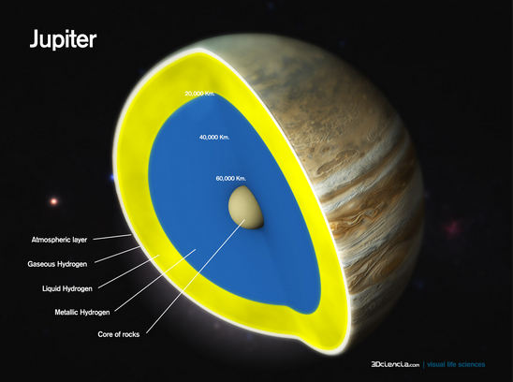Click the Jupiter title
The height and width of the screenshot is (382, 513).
tap(63, 39)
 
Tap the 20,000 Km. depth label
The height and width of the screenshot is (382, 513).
tap(200, 94)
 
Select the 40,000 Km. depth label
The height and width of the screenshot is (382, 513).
tap(214, 137)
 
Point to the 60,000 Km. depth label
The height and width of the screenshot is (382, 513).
tap(230, 179)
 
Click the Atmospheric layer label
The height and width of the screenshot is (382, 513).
tap(59, 240)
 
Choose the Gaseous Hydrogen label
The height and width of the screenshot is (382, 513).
tap(57, 264)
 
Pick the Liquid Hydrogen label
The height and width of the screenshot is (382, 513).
tap(67, 288)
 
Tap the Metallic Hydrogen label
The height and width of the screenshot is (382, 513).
tap(82, 313)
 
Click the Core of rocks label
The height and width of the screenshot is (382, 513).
tap(119, 334)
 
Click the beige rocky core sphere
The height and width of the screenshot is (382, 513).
tap(245, 207)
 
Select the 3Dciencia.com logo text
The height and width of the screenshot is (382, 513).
tap(395, 364)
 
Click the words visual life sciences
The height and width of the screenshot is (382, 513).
tap(456, 364)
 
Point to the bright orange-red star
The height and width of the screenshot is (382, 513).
tap(54, 201)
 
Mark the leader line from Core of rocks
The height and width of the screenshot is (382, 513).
tap(196, 276)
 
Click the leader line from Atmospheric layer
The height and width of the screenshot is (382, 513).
tap(112, 237)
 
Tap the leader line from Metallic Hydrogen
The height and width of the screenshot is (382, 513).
tap(155, 280)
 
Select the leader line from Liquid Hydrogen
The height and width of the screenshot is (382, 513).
tap(129, 272)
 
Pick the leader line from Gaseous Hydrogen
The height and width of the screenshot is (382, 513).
tap(117, 255)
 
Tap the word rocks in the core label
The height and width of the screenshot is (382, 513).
tap(130, 334)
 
